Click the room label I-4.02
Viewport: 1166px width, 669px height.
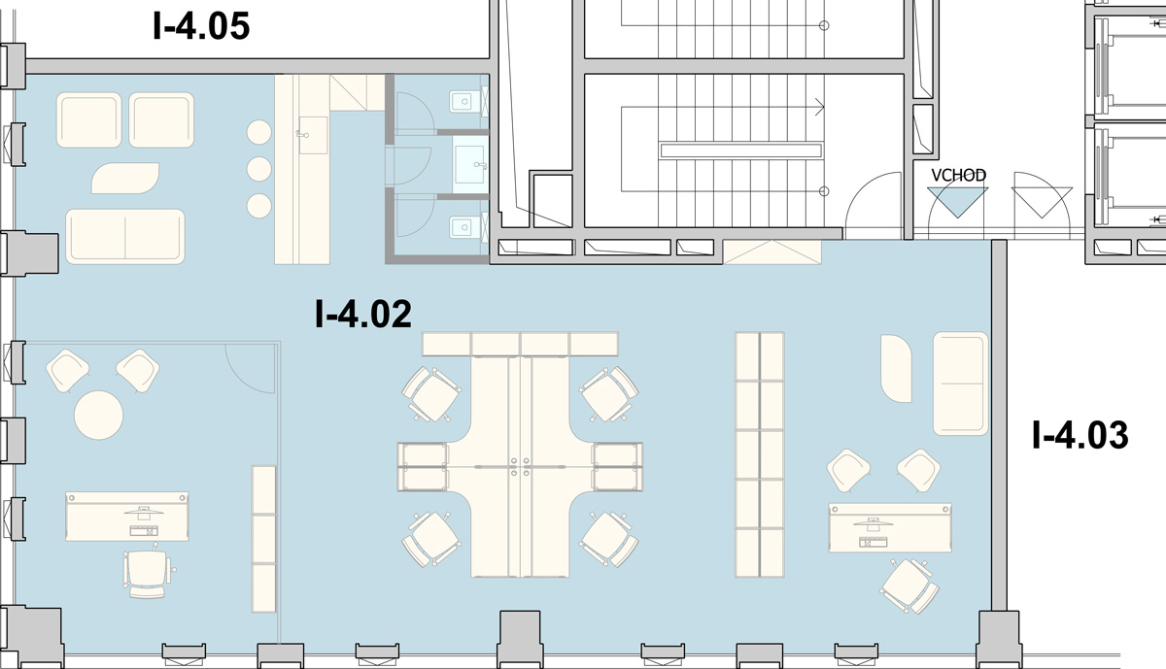[363, 314]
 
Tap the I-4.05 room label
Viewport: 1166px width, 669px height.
[201, 26]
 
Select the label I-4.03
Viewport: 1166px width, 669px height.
[1080, 435]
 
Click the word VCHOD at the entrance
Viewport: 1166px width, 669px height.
[958, 176]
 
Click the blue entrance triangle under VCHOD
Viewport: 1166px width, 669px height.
[957, 199]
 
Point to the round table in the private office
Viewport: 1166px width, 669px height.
[98, 416]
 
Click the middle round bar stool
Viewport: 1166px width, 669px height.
[258, 169]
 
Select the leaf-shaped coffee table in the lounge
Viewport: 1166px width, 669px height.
[125, 178]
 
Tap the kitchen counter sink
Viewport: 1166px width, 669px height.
[313, 135]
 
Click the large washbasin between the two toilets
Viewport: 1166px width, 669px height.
[470, 164]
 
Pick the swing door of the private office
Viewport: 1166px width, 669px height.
[251, 368]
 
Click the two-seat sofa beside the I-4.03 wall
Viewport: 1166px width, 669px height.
[960, 384]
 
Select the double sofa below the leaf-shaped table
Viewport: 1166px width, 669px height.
[125, 237]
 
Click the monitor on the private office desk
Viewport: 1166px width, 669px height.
[144, 512]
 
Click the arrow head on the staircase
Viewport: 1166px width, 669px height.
[820, 107]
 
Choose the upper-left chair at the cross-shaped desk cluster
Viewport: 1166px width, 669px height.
[431, 394]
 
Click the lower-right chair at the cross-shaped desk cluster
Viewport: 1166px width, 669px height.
[608, 539]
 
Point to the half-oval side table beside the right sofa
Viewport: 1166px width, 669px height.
[896, 368]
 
